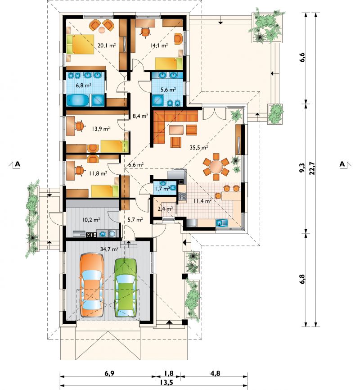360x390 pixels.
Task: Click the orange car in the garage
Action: coord(92,285)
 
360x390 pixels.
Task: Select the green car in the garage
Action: coord(126,288)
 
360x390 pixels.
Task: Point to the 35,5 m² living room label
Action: coord(199,147)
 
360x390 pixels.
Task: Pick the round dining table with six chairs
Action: coord(216,166)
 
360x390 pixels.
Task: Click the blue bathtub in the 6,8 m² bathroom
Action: coord(77,100)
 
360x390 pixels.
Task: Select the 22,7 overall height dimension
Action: coord(312,169)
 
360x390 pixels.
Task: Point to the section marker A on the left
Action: coord(18,164)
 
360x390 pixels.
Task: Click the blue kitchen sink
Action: coord(222,223)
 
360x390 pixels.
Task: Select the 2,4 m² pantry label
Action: coord(165,209)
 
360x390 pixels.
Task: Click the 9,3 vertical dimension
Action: coord(302,168)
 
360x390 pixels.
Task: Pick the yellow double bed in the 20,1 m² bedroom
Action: coord(80,44)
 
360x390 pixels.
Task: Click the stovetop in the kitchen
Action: coord(182,197)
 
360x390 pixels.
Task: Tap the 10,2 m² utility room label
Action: coord(91,220)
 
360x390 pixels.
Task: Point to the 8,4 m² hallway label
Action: coord(140,115)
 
